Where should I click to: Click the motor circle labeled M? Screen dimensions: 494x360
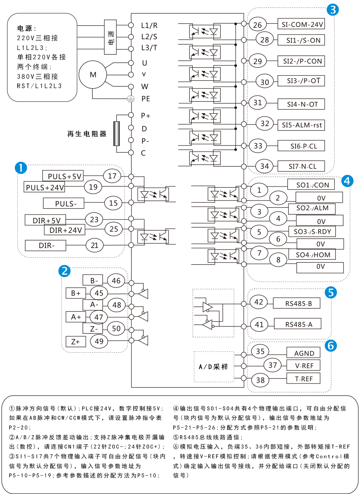point(93,75)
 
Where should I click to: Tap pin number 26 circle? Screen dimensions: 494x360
point(257,25)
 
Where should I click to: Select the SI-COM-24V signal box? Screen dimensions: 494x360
point(302,24)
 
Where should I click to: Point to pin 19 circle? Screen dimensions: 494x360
point(93,187)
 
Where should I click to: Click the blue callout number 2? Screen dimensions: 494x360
point(64,271)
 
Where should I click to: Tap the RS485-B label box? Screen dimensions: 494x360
point(298,304)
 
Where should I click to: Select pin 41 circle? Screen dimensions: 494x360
point(259,324)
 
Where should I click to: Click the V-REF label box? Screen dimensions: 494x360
point(303,366)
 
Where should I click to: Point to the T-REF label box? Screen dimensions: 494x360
point(303,379)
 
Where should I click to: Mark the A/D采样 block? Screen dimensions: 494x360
point(214,367)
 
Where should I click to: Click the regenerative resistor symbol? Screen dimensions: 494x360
point(117,134)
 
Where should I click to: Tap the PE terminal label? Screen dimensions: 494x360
point(146,99)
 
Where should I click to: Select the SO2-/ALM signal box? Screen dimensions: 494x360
point(312,208)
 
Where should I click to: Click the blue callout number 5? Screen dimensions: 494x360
point(330,293)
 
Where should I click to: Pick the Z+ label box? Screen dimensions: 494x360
point(76,342)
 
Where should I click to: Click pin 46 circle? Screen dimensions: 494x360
point(116,281)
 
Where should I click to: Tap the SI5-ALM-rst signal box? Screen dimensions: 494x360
point(302,125)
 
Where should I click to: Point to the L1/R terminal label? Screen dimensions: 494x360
point(149,26)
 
